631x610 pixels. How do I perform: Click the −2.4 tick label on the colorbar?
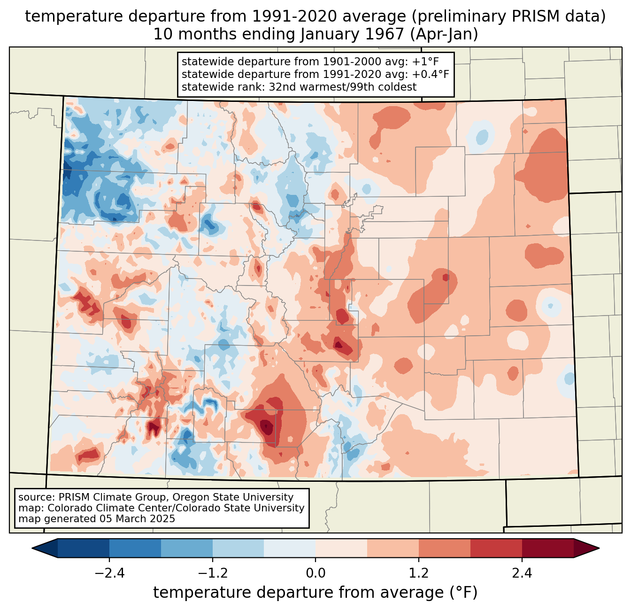[x=109, y=573]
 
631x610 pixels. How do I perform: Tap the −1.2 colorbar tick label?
[x=213, y=573]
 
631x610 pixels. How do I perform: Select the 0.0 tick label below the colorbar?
[x=315, y=573]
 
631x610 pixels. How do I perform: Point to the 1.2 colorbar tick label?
[x=419, y=573]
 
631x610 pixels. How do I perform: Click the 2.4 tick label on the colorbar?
[x=522, y=573]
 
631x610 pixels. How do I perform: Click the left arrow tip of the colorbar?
[x=32, y=548]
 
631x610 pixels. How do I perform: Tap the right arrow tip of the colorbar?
[x=599, y=548]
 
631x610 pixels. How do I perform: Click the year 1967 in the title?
[x=385, y=34]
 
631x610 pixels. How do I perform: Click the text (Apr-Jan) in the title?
[x=444, y=34]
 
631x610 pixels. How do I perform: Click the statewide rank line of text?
[x=299, y=87]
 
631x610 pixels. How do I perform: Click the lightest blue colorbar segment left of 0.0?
[x=290, y=548]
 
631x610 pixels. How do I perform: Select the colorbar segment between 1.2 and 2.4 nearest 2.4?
[x=496, y=548]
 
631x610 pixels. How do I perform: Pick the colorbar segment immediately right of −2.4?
[x=135, y=548]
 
